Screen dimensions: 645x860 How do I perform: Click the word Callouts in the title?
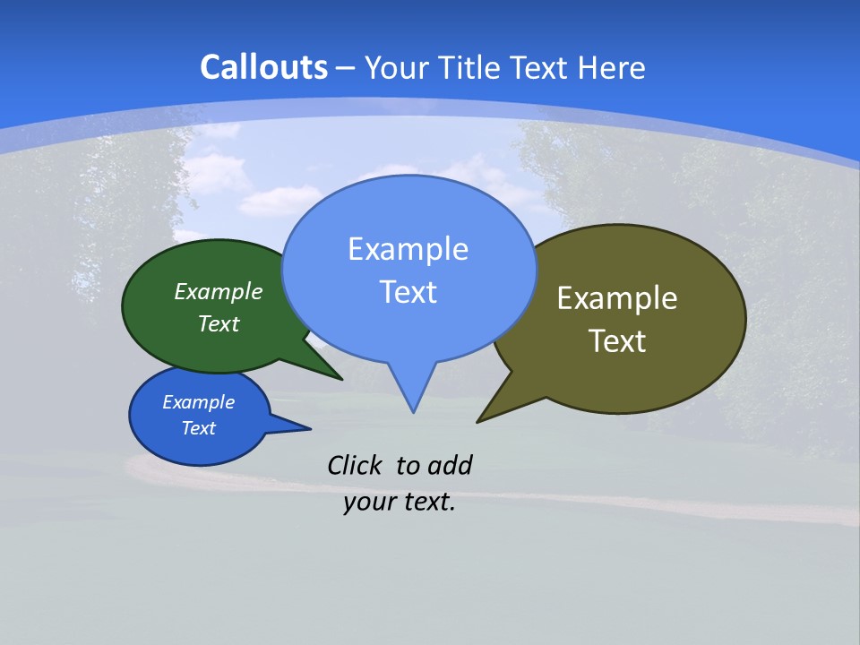point(263,67)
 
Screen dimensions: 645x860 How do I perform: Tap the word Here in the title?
point(612,67)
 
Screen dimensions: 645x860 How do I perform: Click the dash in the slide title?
point(346,68)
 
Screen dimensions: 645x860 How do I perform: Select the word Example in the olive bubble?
point(617,298)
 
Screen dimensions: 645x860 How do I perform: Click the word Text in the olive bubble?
point(617,341)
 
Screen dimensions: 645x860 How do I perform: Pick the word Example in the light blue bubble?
point(408,249)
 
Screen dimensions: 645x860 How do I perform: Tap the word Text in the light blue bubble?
point(408,292)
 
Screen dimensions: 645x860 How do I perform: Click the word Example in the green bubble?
point(219,292)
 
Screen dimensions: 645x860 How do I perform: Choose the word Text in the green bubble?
point(219,324)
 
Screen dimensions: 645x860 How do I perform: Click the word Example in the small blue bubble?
point(198,402)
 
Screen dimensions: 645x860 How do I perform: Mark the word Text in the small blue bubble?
point(198,428)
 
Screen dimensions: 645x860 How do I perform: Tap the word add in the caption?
point(450,465)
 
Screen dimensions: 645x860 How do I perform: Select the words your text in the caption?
point(400,503)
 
